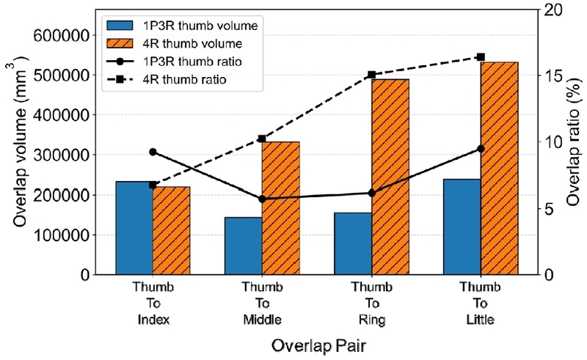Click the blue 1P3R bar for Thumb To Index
[134, 228]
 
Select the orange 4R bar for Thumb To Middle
[281, 208]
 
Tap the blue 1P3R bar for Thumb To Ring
[353, 243]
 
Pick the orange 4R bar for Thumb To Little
[500, 169]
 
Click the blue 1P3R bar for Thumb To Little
[462, 227]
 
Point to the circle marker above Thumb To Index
[153, 152]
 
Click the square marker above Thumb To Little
[481, 57]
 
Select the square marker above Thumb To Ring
[372, 75]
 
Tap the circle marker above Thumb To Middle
[262, 199]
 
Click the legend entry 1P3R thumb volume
[182, 26]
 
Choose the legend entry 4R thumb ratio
[167, 80]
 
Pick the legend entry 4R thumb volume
[174, 44]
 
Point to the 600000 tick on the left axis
[62, 36]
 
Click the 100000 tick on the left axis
[62, 235]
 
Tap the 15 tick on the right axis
[553, 76]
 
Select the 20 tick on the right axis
[553, 10]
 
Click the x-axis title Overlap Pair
[318, 346]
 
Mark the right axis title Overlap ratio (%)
[573, 142]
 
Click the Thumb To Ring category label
[372, 303]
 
